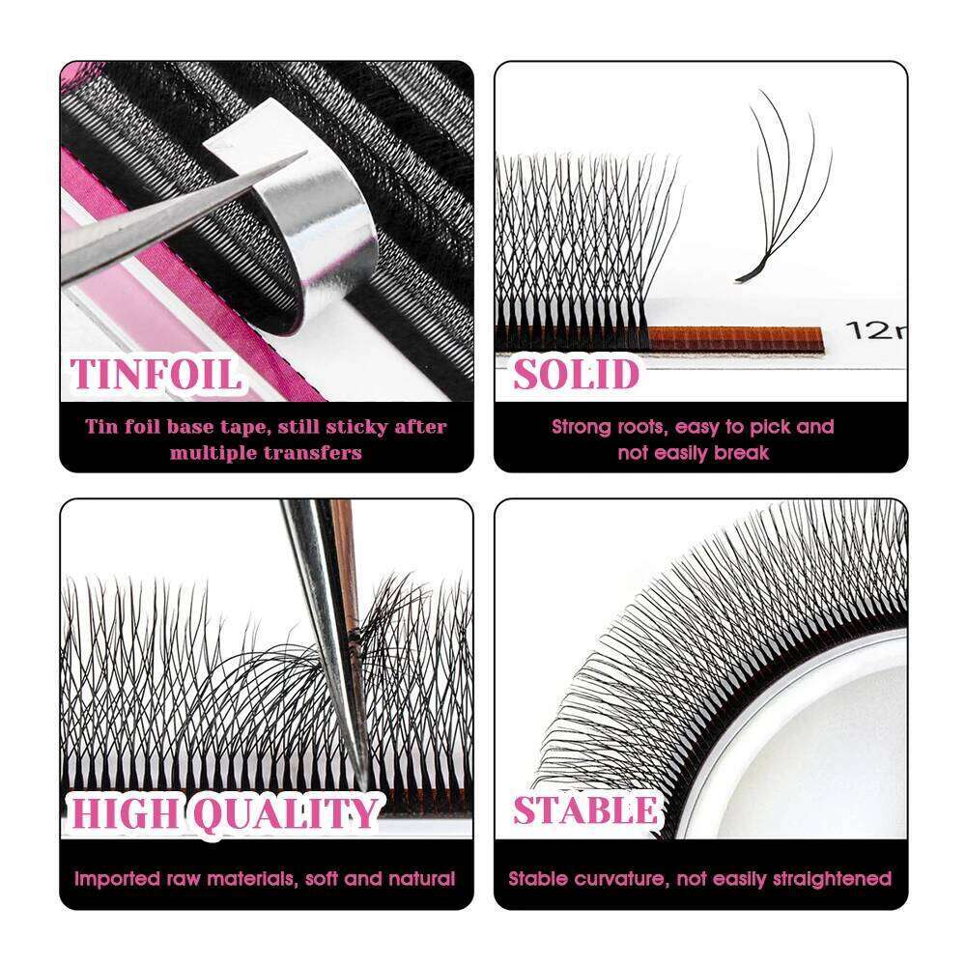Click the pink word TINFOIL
point(156,374)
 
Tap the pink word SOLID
point(576,374)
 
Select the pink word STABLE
point(585,810)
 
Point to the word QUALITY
point(285,812)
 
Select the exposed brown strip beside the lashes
point(735,338)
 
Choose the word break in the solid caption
point(741,453)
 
